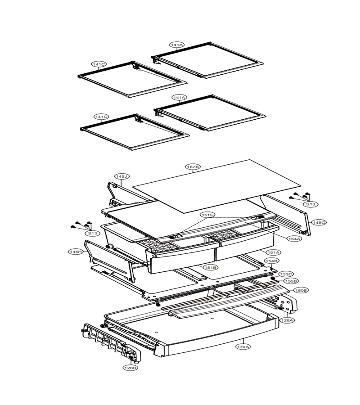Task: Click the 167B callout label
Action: coord(193,167)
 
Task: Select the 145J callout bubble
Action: coord(122,176)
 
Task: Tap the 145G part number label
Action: coord(319,222)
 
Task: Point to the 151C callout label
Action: coord(208,215)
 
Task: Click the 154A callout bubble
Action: coord(294,238)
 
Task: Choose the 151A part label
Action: coord(274,252)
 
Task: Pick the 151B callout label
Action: coord(211,267)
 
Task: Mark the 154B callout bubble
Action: coord(271,261)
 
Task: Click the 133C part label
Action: coord(286,274)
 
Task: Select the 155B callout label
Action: coord(291,281)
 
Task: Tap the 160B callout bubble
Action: coord(301,290)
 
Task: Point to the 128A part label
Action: coord(288,320)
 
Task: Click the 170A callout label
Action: coord(243,347)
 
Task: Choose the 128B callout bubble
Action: coord(130,368)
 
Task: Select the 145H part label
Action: coord(76,252)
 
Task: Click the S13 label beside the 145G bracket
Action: coord(310,204)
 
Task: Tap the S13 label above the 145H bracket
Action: coord(92,233)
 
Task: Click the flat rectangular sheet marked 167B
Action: coord(216,186)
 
